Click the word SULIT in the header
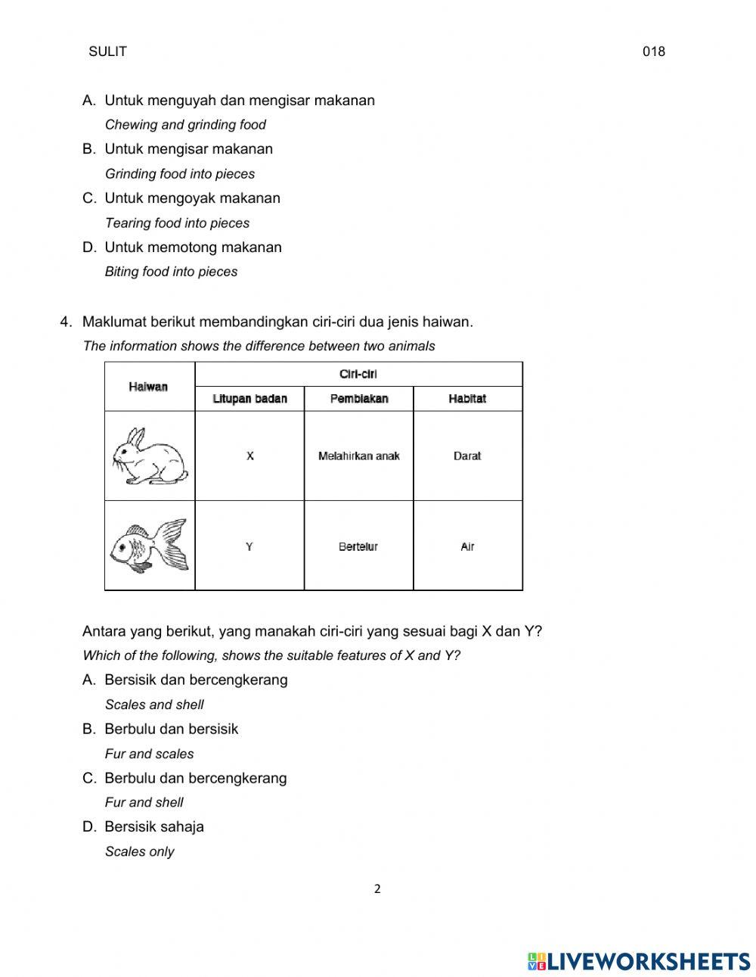pos(107,51)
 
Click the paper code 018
pos(653,51)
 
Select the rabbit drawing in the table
pos(149,456)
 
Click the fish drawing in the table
pos(149,546)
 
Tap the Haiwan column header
pos(148,387)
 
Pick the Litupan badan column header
pos(249,399)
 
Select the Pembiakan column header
pos(359,399)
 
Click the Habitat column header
pos(467,399)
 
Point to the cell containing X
pos(249,456)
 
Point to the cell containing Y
pos(249,546)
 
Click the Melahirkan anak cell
pos(359,456)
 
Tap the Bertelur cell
pos(358,546)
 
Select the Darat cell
pos(467,456)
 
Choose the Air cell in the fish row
pos(467,546)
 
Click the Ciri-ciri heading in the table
pos(358,374)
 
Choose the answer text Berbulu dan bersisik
pos(171,729)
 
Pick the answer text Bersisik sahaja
pos(154,826)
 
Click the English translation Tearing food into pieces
pos(177,223)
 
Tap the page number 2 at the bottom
pos(377,889)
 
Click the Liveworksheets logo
pos(639,961)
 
